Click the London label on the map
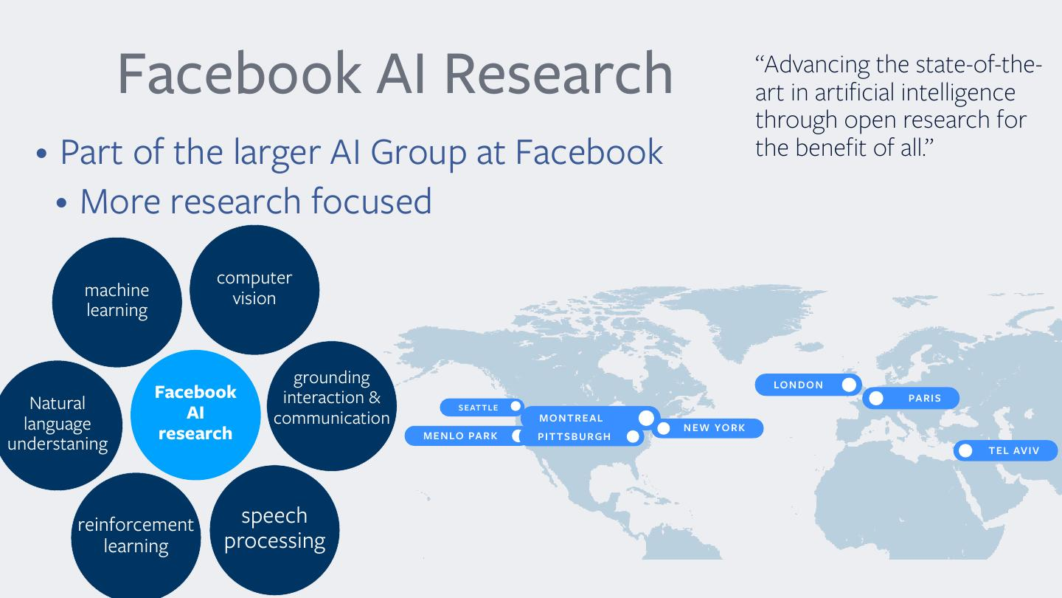808,385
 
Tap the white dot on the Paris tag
876,398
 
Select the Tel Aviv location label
1006,450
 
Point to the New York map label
707,428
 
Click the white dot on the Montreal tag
646,418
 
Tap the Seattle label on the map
482,408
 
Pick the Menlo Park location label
465,436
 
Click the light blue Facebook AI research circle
195,415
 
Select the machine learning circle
117,303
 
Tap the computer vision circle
254,289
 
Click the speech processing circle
274,530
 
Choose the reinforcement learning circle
136,536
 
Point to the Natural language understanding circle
58,425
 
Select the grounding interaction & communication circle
332,406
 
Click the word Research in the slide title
558,74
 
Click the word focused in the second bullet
372,201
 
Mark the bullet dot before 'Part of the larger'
42,154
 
